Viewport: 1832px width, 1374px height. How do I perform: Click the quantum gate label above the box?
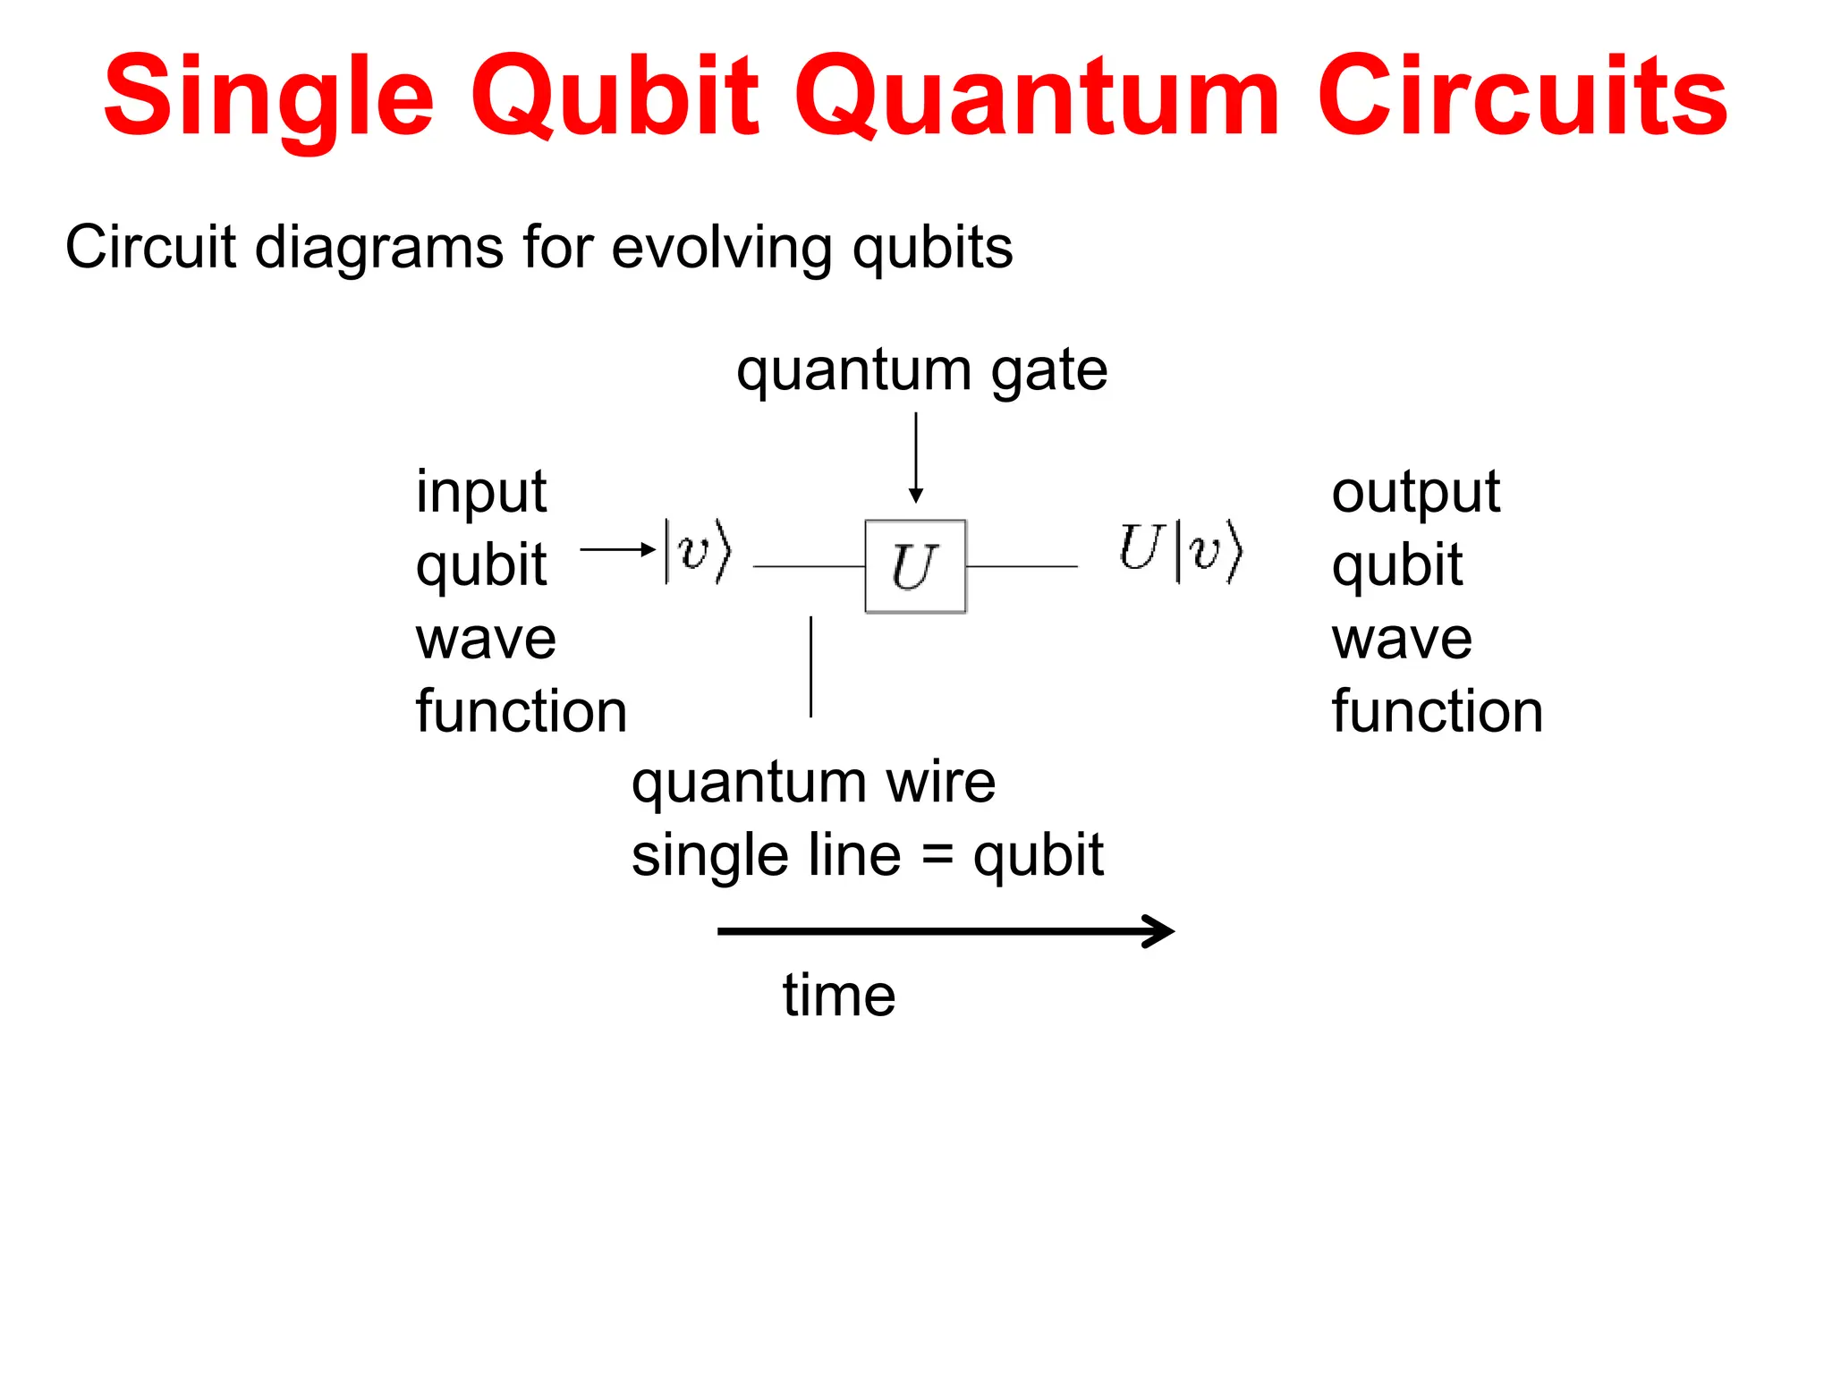(x=921, y=370)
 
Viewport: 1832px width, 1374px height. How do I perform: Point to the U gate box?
(x=915, y=566)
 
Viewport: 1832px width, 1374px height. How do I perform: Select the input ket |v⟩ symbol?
(x=698, y=551)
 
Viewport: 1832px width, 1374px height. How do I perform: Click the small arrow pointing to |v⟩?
(x=617, y=549)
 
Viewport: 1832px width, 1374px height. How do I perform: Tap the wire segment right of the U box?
(x=1022, y=566)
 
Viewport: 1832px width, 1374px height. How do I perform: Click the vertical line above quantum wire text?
(x=810, y=666)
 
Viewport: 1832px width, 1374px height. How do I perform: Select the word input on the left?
(x=481, y=492)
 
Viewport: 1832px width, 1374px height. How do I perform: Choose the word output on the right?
(x=1415, y=492)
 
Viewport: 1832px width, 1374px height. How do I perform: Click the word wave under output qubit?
(x=1402, y=640)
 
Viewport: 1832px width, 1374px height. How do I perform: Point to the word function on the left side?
(x=522, y=712)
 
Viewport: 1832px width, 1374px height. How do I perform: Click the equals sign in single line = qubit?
(x=937, y=855)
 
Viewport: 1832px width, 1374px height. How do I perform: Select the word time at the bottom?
(x=838, y=996)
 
